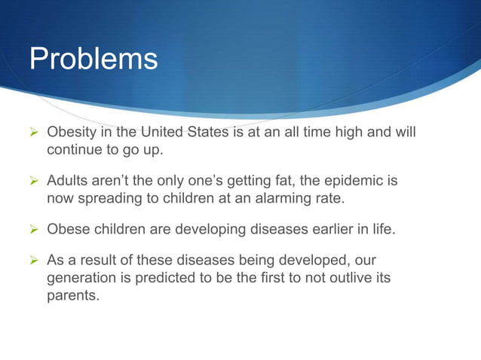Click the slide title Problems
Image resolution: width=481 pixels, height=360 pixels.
(x=93, y=59)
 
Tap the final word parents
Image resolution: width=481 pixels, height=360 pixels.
(x=73, y=296)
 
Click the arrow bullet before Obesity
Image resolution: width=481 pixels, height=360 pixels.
(x=33, y=134)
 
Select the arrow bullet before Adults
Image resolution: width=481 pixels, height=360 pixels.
(x=33, y=182)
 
